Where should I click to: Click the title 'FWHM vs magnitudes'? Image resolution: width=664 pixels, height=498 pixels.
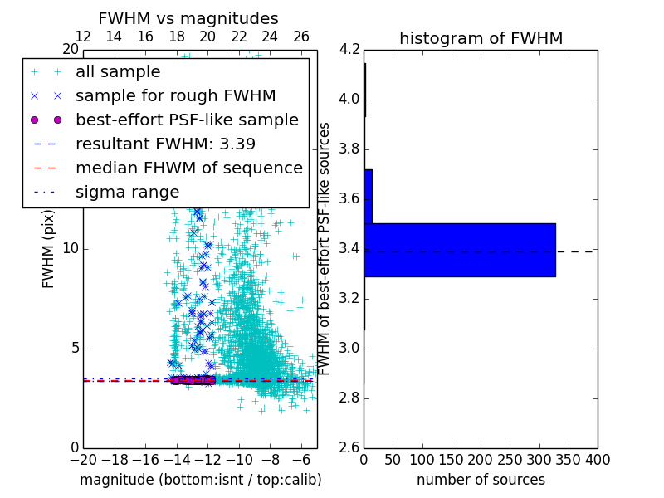(x=188, y=18)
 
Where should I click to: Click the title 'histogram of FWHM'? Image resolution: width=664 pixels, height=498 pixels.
(x=481, y=38)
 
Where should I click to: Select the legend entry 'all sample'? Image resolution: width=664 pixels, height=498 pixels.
(x=118, y=72)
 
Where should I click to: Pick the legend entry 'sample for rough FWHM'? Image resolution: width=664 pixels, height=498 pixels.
(x=175, y=95)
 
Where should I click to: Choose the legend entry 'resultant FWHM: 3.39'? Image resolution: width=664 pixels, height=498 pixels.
(x=165, y=144)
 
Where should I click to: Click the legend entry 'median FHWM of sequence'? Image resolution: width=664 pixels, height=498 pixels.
(x=188, y=168)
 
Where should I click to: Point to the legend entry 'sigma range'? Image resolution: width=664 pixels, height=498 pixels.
(x=127, y=192)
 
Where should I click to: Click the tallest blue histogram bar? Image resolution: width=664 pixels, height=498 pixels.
(x=459, y=250)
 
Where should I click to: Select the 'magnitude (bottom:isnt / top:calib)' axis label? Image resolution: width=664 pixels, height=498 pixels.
(x=200, y=480)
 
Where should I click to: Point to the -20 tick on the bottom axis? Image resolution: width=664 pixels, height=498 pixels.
(x=83, y=460)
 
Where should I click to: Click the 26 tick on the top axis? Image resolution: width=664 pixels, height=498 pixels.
(x=301, y=37)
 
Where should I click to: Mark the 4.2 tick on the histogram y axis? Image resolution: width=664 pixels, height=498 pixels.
(x=349, y=49)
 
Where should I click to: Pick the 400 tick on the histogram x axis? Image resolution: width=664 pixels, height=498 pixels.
(x=598, y=460)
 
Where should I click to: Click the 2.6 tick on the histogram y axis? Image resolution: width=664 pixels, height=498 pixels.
(x=349, y=447)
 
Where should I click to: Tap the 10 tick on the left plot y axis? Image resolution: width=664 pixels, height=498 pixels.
(x=71, y=248)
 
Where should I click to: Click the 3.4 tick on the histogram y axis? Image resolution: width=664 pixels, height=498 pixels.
(x=349, y=248)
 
